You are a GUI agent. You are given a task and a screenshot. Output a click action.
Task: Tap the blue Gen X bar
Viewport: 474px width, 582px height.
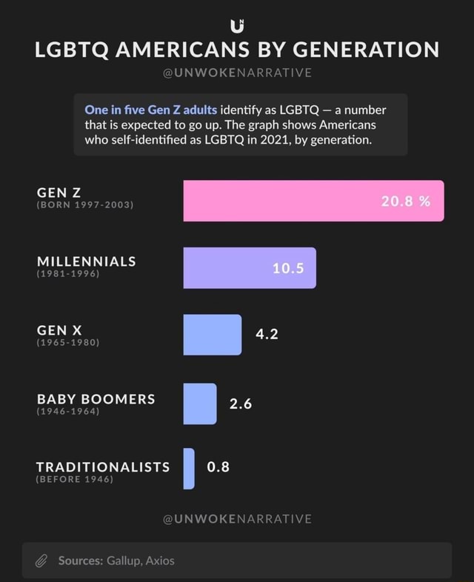(213, 335)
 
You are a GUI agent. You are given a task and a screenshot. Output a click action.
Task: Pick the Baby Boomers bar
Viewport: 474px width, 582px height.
(200, 404)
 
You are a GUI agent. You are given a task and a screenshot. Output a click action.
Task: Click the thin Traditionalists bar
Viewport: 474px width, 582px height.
(189, 468)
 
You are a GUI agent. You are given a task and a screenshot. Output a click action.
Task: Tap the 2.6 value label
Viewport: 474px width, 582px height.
(241, 404)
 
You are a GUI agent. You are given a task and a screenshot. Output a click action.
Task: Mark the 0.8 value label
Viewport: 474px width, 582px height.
(218, 467)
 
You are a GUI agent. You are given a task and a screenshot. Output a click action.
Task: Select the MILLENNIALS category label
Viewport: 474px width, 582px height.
(86, 261)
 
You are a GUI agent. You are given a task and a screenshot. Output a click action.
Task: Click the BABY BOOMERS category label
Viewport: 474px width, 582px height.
(96, 398)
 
